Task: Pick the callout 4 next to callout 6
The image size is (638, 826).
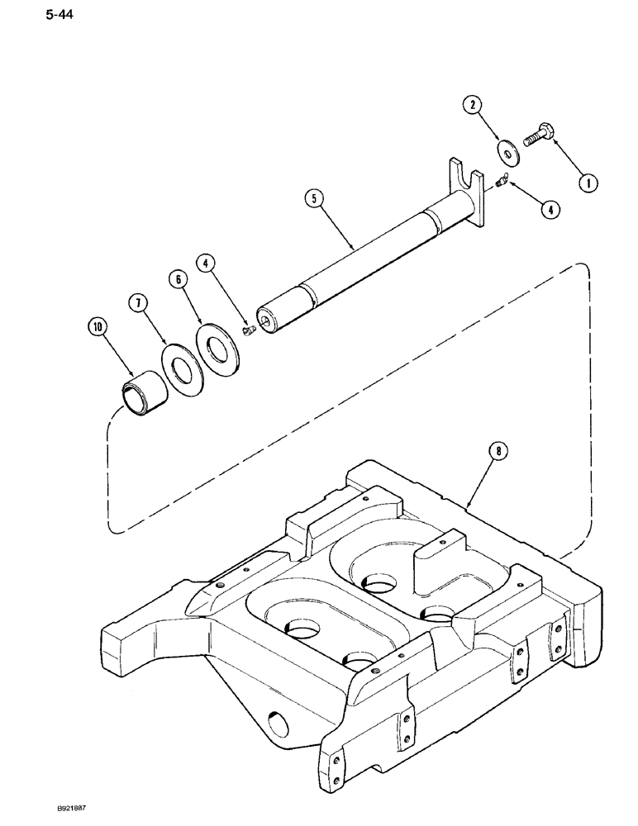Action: pyautogui.click(x=207, y=265)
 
